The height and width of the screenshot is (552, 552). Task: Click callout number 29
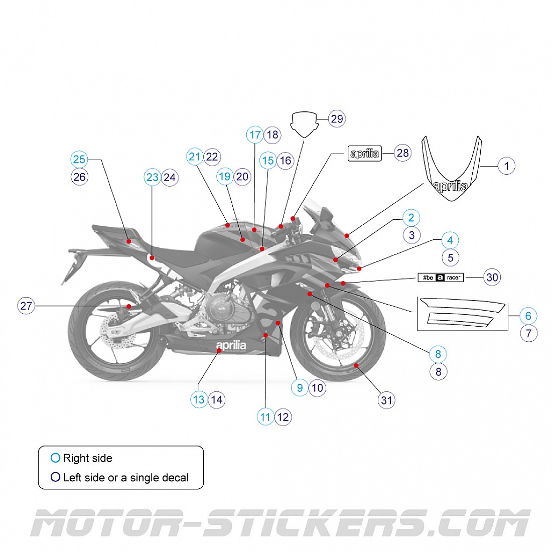pos(337,119)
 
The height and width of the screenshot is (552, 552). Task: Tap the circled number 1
pos(506,166)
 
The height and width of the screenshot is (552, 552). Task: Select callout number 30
pos(492,277)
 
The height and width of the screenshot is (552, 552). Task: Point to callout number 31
pos(386,400)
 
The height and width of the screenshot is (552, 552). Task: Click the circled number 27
pos(26,306)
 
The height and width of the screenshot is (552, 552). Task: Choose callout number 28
pos(402,153)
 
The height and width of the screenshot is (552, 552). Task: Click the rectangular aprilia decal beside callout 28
pos(365,154)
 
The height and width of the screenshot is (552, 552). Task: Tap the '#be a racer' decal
pos(441,278)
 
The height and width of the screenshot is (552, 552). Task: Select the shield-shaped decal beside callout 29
pos(304,123)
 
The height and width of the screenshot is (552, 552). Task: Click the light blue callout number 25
pos(79,160)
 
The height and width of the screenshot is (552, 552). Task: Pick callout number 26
pos(79,177)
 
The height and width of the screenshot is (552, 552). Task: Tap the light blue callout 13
pos(199,399)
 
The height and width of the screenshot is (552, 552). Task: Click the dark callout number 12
pos(283,417)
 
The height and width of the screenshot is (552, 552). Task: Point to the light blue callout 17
pos(255,134)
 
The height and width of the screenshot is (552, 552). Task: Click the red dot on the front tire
pos(356,365)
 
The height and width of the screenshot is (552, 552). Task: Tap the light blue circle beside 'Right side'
pos(55,458)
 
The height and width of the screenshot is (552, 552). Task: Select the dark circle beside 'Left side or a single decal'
pos(55,477)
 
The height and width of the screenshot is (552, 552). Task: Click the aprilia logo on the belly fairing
pos(231,346)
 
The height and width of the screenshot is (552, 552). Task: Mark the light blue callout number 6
pos(528,316)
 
